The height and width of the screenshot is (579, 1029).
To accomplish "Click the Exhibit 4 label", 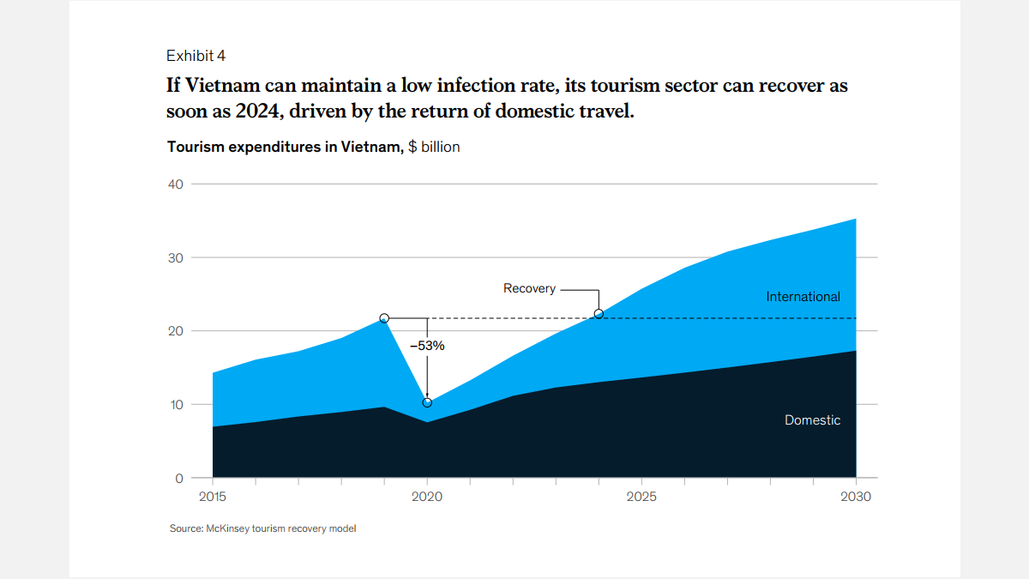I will pyautogui.click(x=196, y=56).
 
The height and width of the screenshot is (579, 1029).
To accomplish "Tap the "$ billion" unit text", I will pyautogui.click(x=434, y=147).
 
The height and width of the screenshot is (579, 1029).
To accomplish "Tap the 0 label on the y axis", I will pyautogui.click(x=179, y=478).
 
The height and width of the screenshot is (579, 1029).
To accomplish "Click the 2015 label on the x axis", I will pyautogui.click(x=213, y=498).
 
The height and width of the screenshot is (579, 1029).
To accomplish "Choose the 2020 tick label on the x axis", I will pyautogui.click(x=427, y=498).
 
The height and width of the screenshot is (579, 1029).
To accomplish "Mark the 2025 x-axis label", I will pyautogui.click(x=641, y=498).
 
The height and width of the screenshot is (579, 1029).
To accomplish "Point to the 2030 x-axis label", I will pyautogui.click(x=856, y=498).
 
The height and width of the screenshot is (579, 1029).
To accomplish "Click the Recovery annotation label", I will pyautogui.click(x=529, y=289).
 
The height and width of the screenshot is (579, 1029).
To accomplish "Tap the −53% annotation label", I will pyautogui.click(x=427, y=346).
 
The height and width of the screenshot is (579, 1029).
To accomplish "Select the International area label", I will pyautogui.click(x=803, y=297).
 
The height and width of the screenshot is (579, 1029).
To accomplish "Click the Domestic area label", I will pyautogui.click(x=812, y=420).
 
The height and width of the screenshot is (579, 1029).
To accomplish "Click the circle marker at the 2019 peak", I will pyautogui.click(x=384, y=318).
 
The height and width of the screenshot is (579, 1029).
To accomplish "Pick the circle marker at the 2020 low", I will pyautogui.click(x=427, y=402).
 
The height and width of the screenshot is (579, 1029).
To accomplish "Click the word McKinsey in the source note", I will pyautogui.click(x=226, y=528).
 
